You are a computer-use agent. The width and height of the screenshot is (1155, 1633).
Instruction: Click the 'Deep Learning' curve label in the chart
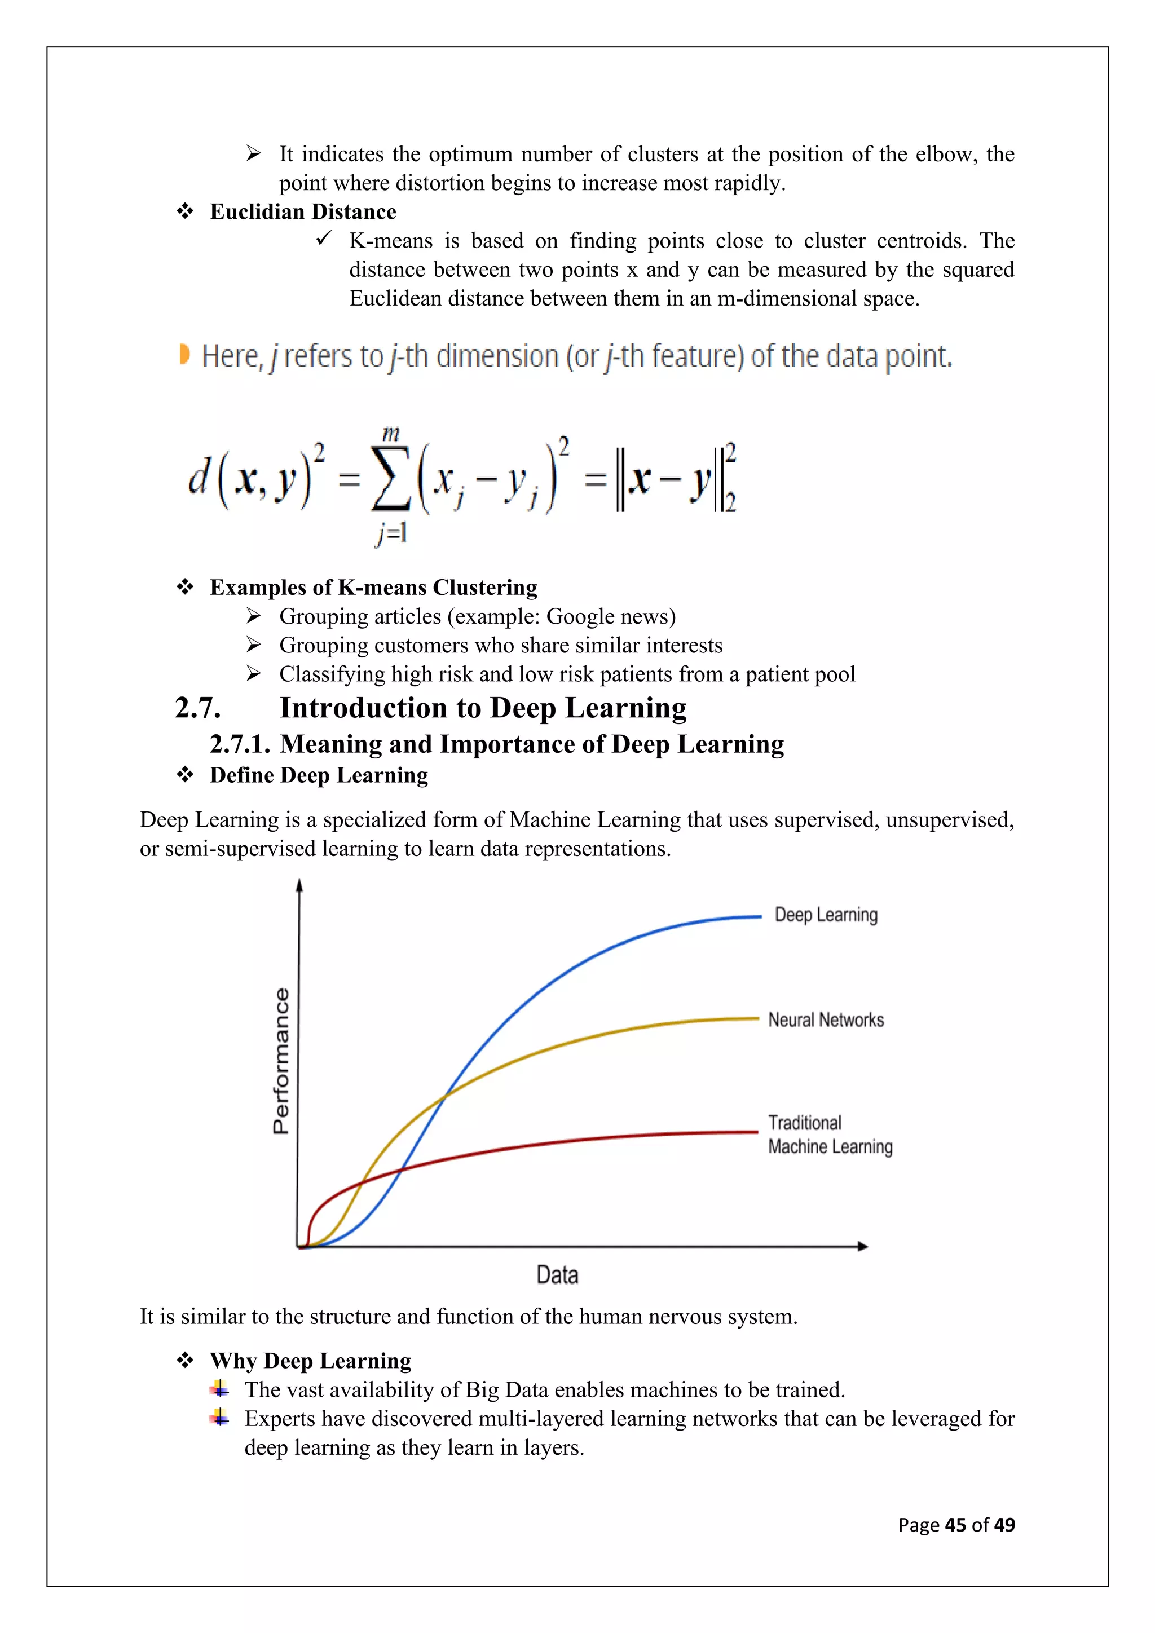[826, 915]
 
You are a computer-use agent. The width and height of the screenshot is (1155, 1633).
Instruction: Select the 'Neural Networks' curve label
[826, 1020]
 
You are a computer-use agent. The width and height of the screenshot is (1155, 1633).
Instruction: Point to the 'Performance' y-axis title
[281, 1061]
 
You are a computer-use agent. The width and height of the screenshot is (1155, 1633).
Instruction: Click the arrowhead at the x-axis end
[863, 1246]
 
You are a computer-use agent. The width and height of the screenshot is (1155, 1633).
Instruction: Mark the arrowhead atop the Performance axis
[299, 885]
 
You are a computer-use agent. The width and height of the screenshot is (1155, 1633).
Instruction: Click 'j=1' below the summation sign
[391, 532]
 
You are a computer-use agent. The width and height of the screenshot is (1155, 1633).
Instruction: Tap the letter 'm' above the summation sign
[391, 432]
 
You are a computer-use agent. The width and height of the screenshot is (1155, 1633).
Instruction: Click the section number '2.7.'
[198, 708]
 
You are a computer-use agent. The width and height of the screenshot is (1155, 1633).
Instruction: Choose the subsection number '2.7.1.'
[240, 744]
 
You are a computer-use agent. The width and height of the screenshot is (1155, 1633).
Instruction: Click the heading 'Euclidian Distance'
[303, 212]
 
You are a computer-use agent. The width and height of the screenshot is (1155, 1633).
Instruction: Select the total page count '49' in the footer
[1004, 1525]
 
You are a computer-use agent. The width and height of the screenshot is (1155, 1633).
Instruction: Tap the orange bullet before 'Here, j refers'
[184, 354]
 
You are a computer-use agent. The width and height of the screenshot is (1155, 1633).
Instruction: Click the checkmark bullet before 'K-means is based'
[324, 240]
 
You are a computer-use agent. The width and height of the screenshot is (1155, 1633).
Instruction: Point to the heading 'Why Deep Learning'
[310, 1361]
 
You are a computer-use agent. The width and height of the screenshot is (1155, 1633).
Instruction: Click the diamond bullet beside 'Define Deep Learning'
[185, 775]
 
